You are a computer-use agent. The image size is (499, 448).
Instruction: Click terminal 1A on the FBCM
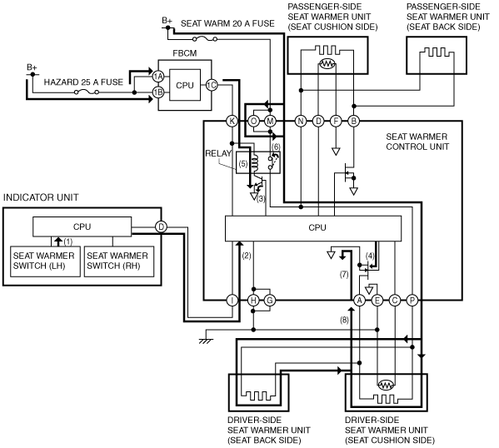157,77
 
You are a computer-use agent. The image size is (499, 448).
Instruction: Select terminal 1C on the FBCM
212,85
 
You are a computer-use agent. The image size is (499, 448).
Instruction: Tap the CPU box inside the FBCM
185,85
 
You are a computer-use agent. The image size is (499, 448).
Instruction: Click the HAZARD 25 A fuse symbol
87,92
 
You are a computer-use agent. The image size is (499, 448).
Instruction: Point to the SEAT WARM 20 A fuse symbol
205,39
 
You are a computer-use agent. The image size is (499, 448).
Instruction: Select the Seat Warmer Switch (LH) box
45,261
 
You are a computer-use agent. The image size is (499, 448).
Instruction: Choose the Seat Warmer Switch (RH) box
119,261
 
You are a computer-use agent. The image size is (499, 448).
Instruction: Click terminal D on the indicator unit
161,226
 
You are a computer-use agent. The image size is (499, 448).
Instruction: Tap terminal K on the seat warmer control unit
232,121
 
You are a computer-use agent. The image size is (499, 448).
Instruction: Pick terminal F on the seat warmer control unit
336,121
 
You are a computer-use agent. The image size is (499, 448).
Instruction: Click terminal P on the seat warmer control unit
412,300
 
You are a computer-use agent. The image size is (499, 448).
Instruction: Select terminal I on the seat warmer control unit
232,300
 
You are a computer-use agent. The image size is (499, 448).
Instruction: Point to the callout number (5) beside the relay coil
243,164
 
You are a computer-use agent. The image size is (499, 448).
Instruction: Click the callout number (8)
344,320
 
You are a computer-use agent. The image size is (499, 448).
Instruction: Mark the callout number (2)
247,256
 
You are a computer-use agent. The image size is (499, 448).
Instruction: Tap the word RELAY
218,153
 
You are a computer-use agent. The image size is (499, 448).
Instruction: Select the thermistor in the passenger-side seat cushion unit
327,64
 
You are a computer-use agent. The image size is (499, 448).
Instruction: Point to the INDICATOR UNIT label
41,197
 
